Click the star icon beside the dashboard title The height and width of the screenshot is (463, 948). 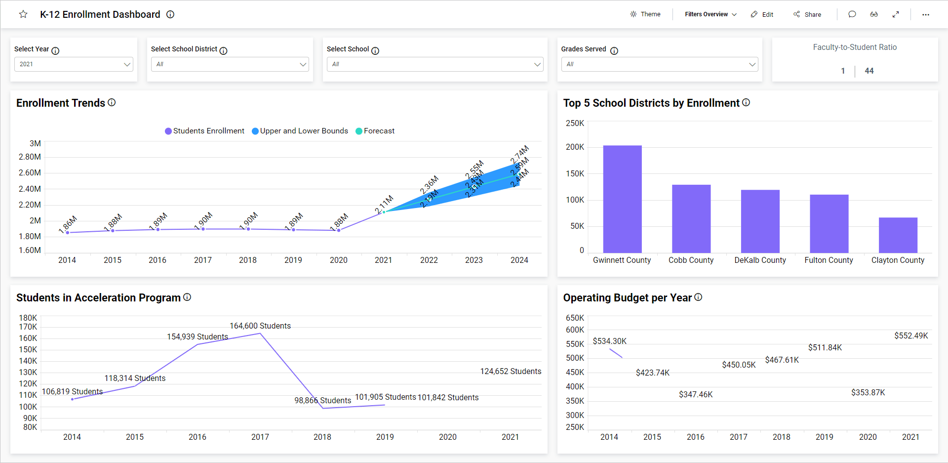[23, 14]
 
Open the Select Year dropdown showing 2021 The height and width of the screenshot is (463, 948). [74, 64]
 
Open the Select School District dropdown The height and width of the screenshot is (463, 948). [230, 64]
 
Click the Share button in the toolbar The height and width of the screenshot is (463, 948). [807, 14]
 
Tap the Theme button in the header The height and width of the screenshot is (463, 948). [645, 14]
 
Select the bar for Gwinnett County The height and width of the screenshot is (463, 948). [622, 199]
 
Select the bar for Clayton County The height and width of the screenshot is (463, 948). [898, 235]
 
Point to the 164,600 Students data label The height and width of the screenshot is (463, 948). [260, 326]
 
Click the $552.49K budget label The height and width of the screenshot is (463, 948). [911, 336]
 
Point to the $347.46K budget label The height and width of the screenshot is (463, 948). [696, 394]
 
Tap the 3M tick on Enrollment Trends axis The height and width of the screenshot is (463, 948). [35, 143]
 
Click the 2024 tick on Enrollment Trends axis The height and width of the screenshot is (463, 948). [519, 260]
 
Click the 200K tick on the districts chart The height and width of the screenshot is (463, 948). [575, 147]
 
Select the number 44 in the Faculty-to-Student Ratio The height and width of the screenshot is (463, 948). [869, 71]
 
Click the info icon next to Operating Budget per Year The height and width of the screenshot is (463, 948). [698, 297]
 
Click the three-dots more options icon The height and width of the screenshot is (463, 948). [925, 14]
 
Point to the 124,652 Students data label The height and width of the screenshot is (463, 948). [511, 371]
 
